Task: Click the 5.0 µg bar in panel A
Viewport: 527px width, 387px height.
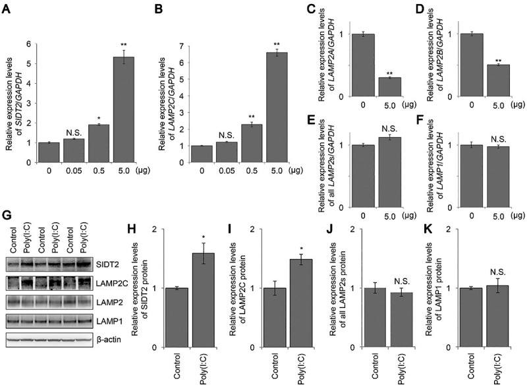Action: [124, 109]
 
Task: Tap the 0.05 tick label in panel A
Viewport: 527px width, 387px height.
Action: [74, 171]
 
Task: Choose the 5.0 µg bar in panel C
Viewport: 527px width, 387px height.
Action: [390, 87]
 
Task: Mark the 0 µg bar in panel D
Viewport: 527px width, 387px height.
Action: [472, 65]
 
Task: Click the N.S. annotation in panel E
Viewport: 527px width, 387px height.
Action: [389, 129]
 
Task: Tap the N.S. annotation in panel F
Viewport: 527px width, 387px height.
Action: [499, 139]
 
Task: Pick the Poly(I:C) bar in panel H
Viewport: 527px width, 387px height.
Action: [204, 300]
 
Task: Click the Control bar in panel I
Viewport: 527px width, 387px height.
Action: [275, 318]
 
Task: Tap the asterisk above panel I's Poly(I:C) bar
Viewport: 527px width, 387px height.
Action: [301, 249]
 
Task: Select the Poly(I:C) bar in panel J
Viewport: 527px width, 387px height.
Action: [402, 320]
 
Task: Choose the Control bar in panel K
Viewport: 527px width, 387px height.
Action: [471, 318]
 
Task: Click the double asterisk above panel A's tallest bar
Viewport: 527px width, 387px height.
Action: [124, 44]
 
